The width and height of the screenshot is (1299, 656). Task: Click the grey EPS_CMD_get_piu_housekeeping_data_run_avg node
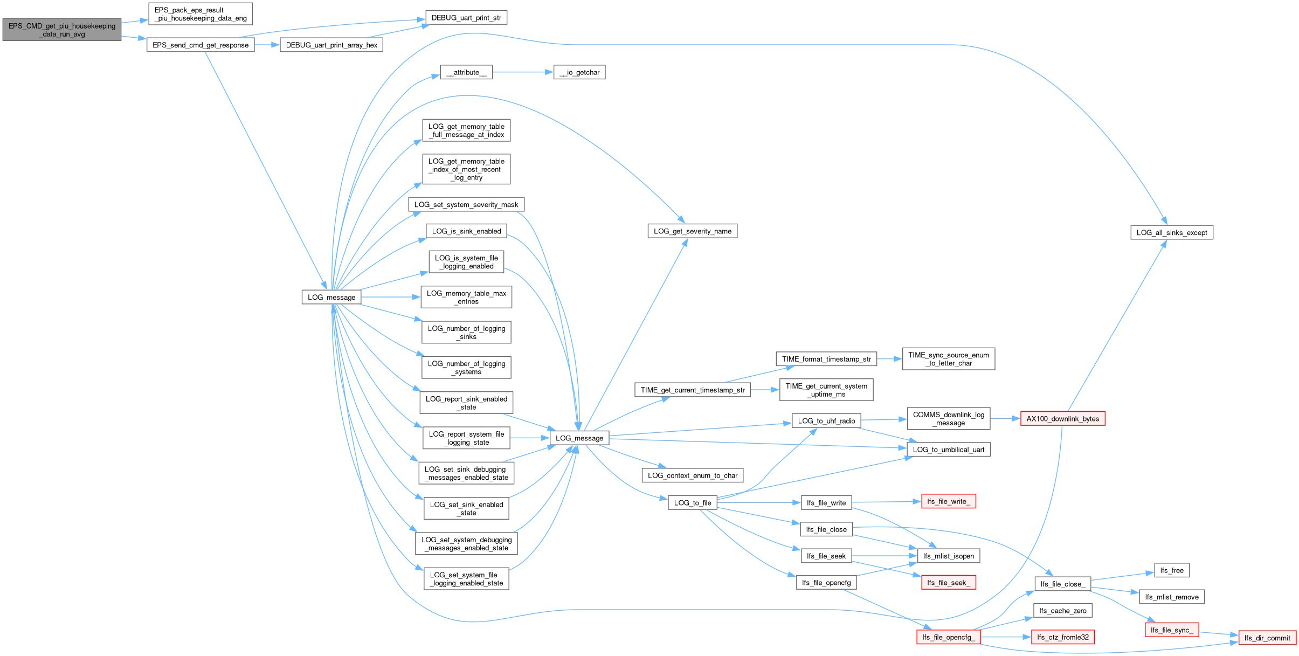click(x=62, y=30)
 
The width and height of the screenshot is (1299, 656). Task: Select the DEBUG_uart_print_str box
click(x=466, y=18)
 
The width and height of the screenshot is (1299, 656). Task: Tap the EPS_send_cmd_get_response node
click(x=201, y=45)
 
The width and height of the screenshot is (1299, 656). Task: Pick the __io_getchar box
click(x=579, y=72)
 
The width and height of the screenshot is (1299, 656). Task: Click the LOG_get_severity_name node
click(x=693, y=231)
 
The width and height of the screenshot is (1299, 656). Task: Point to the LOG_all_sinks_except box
click(x=1172, y=232)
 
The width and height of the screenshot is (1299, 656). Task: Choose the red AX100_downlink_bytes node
click(x=1063, y=419)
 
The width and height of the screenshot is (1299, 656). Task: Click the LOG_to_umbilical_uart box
click(x=949, y=450)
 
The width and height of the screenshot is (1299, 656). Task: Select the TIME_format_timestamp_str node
click(x=826, y=359)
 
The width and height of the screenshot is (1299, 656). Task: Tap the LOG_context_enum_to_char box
click(x=693, y=475)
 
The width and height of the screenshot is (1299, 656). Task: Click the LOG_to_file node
click(x=693, y=503)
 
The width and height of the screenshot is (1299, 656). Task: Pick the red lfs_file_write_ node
click(x=949, y=501)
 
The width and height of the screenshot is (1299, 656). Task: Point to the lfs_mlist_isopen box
click(x=949, y=556)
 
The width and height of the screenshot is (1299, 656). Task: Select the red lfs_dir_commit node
click(x=1268, y=638)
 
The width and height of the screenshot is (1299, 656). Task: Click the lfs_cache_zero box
click(x=1063, y=611)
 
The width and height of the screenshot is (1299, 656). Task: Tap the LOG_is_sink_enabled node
click(x=466, y=231)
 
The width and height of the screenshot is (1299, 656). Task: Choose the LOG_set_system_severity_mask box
click(x=466, y=204)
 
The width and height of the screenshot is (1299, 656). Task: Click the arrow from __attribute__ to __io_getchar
click(x=523, y=72)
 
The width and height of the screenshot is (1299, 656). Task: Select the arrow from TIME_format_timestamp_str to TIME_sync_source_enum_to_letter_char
click(x=889, y=359)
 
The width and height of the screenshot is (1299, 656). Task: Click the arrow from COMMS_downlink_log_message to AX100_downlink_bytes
click(x=1005, y=418)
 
